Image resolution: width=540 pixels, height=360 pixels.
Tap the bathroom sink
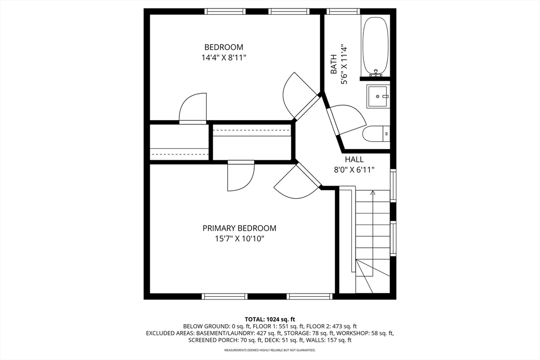[378, 96]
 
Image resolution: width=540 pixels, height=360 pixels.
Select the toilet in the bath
[376, 134]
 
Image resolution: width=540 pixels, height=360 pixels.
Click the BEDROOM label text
[224, 47]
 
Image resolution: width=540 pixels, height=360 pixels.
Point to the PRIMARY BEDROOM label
[239, 228]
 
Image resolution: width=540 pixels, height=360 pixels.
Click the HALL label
[354, 159]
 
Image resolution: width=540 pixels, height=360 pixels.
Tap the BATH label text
[334, 64]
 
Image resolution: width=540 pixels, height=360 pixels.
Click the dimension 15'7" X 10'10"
[239, 239]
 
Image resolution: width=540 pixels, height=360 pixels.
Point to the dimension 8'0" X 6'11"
[354, 170]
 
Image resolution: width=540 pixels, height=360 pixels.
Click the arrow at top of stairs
[372, 193]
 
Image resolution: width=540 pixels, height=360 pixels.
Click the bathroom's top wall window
[343, 12]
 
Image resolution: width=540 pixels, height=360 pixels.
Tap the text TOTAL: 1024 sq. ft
[270, 319]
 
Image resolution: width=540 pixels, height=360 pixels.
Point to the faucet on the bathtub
[375, 72]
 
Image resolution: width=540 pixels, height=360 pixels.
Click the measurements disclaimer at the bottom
[270, 351]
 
